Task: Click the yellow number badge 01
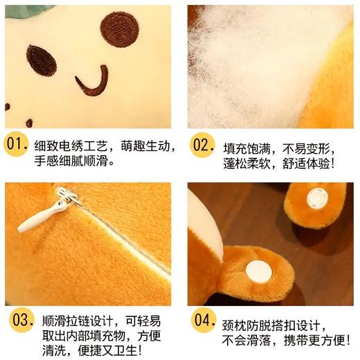17,147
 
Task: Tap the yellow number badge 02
203,147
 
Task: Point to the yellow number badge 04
203,321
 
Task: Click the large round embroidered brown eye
119,29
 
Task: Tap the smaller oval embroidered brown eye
42,60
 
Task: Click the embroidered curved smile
93,82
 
